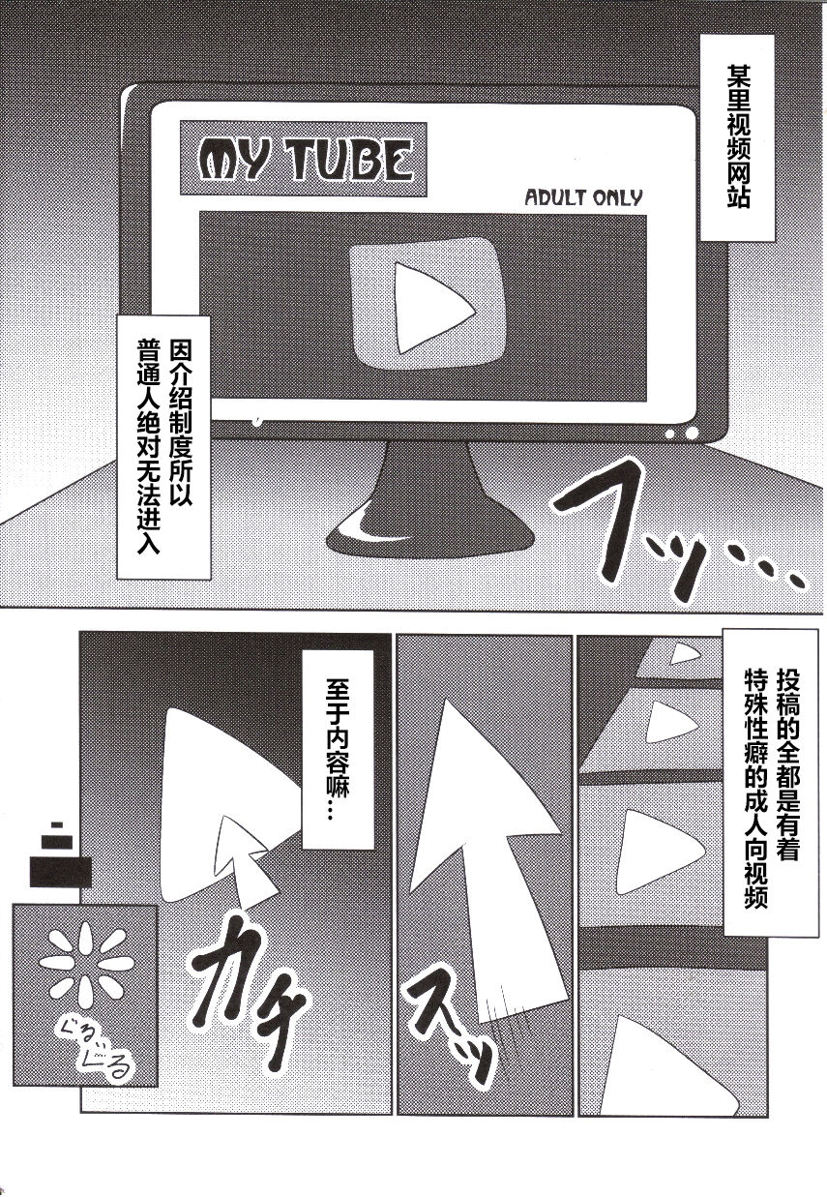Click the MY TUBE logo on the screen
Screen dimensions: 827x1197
(303, 160)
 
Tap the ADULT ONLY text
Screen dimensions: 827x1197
(584, 198)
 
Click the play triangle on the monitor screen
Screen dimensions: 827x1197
(433, 309)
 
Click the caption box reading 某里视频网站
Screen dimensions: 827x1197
(737, 137)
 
